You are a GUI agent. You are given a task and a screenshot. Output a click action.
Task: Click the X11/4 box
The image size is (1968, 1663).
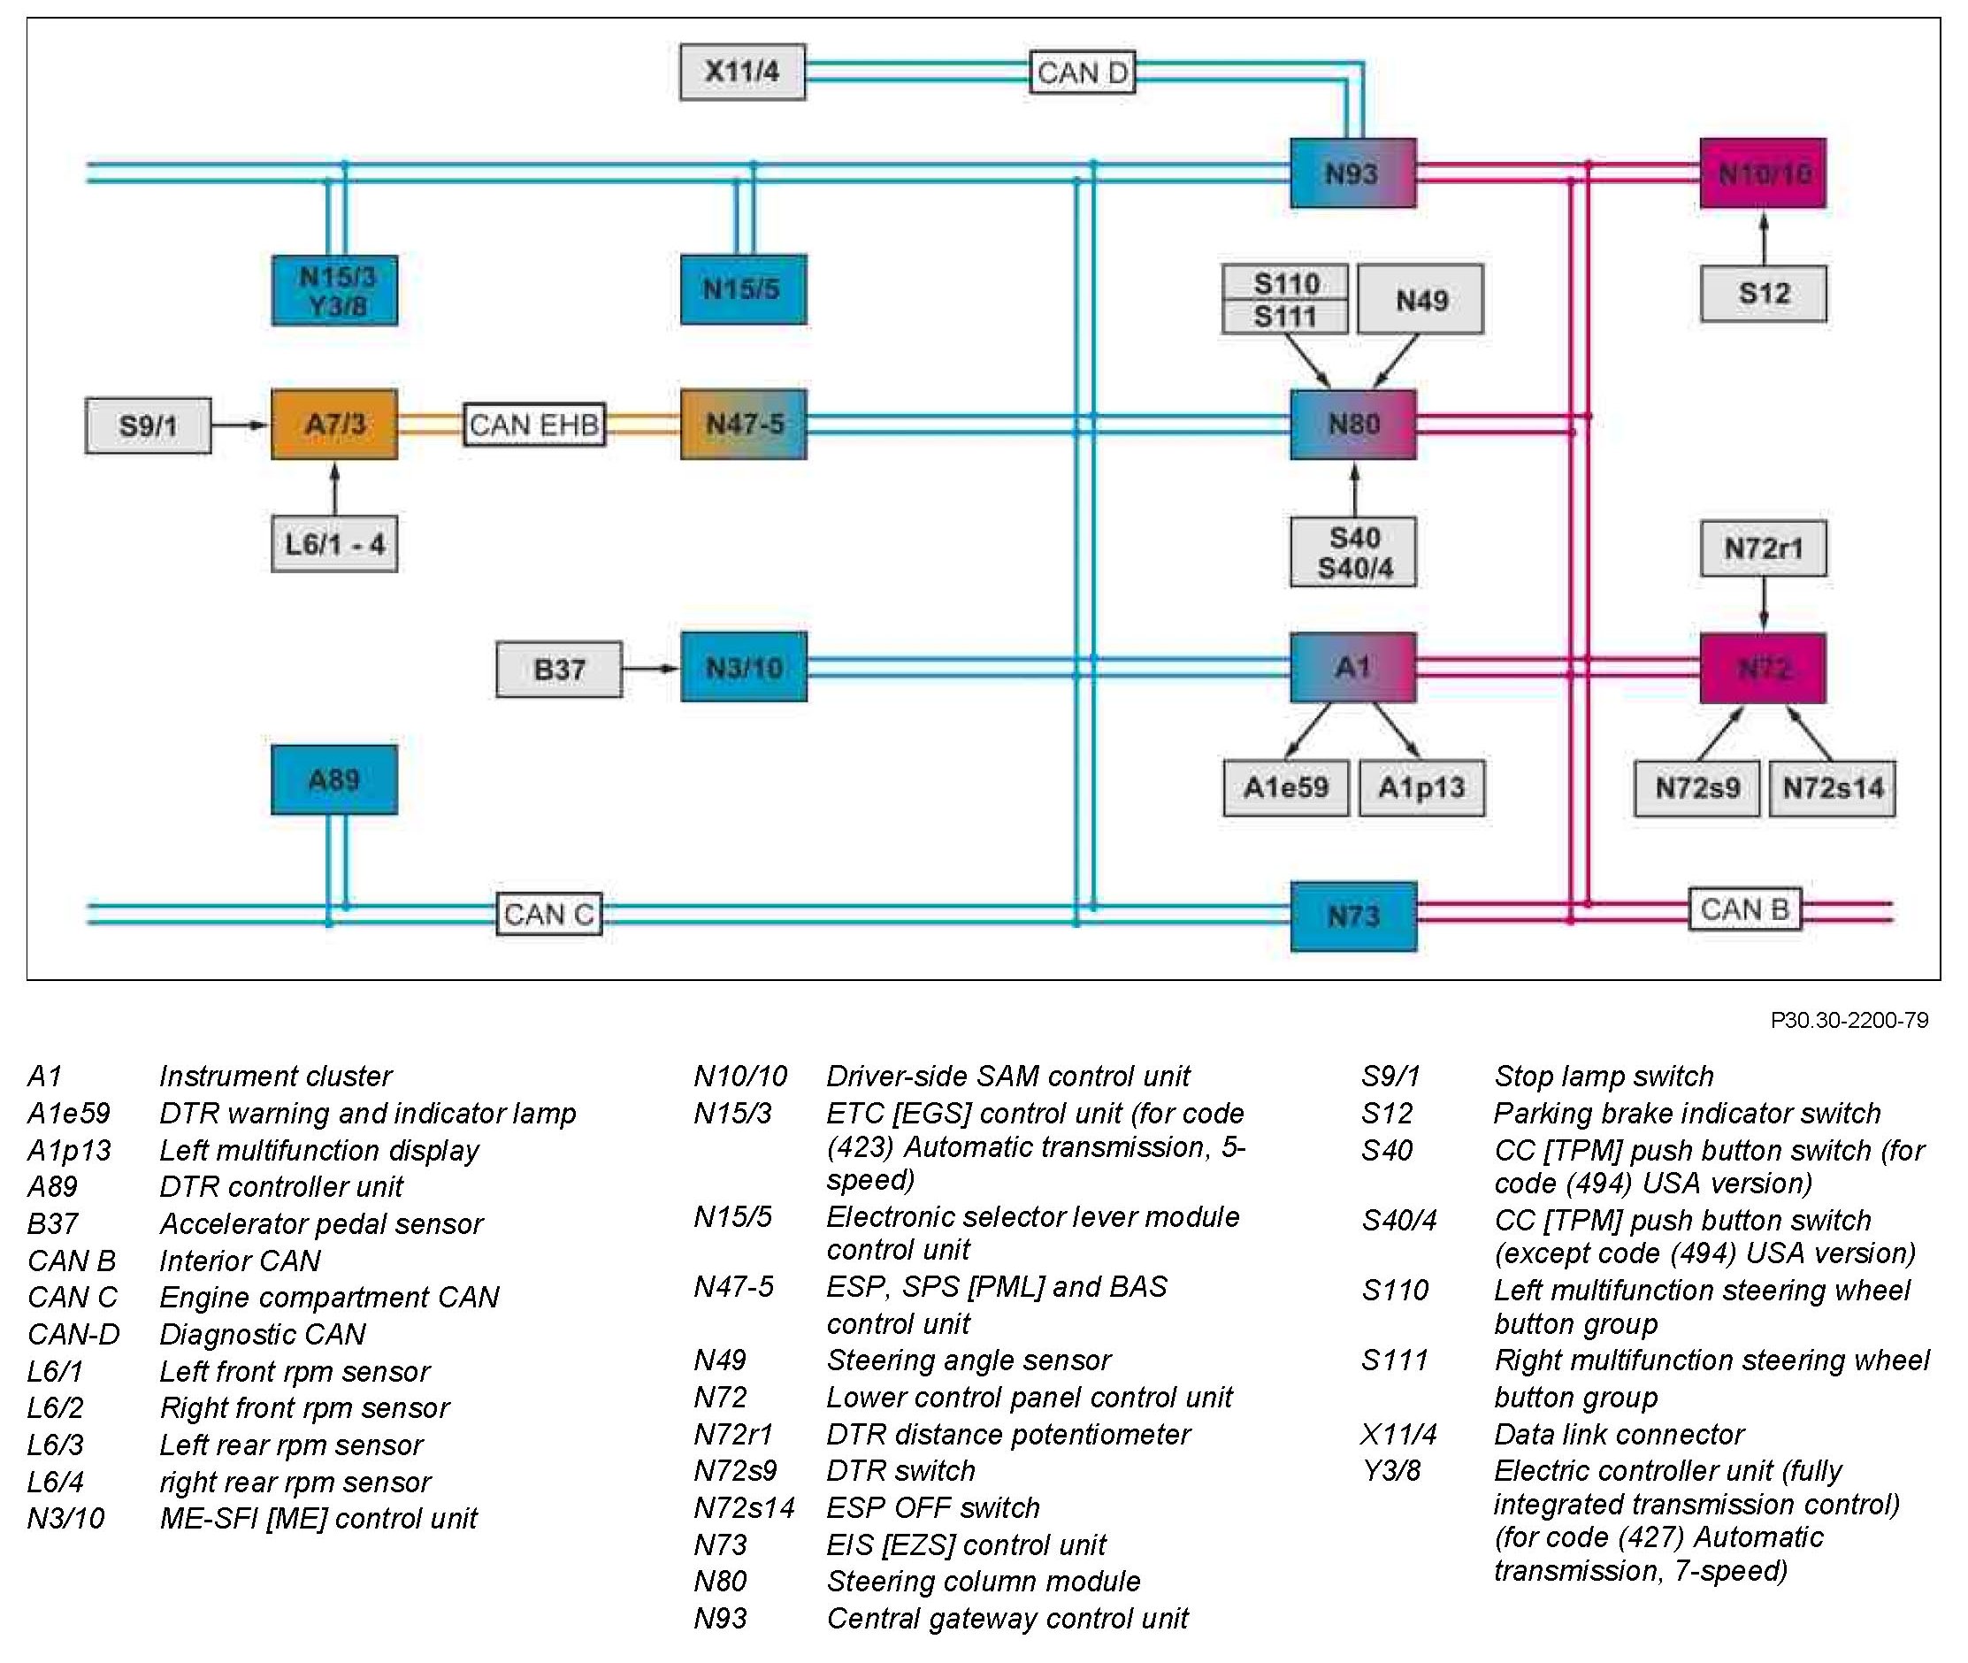pos(743,72)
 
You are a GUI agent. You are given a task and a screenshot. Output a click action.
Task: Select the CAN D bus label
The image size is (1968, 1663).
pos(1082,72)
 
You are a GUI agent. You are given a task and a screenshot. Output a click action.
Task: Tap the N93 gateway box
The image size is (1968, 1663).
pos(1352,173)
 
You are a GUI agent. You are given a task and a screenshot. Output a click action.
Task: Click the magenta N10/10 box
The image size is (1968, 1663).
pos(1763,173)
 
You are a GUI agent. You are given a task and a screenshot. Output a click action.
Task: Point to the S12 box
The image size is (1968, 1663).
pos(1764,293)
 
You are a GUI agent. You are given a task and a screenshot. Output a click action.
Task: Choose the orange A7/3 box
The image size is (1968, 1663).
pos(334,425)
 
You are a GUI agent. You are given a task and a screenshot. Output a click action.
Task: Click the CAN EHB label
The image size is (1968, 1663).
pos(534,425)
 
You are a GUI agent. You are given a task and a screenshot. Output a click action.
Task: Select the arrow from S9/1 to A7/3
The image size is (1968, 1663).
pos(241,425)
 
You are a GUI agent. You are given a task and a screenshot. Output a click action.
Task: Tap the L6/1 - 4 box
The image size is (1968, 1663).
pos(334,544)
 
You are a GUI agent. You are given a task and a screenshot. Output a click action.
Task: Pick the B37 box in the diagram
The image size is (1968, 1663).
pos(559,670)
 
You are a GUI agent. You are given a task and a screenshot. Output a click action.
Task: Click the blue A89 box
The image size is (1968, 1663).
pos(334,779)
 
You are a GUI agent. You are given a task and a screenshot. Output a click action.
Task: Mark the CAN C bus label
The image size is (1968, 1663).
pos(549,914)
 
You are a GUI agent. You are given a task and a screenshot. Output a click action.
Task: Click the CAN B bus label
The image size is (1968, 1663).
pos(1744,908)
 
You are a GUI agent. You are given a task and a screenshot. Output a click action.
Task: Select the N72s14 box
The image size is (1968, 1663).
pos(1833,788)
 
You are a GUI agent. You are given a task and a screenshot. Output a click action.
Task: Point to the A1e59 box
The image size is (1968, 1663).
pos(1285,788)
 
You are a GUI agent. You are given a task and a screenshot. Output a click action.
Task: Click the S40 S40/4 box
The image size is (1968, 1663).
pos(1353,553)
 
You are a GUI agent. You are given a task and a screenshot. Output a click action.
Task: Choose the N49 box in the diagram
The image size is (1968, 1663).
pos(1420,300)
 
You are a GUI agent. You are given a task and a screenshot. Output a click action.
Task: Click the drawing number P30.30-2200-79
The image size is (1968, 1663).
pos(1849,1020)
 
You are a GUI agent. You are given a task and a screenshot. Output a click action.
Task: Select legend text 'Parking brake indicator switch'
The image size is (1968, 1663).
pos(1687,1114)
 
